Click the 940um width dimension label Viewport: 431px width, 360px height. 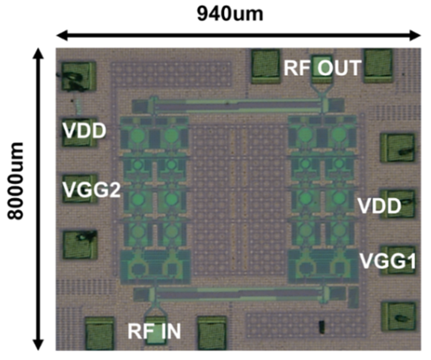point(230,14)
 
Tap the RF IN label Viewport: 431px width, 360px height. point(154,331)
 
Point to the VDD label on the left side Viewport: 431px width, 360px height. point(84,130)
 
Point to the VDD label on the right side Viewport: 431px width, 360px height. point(379,206)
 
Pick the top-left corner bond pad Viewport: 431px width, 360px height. point(78,76)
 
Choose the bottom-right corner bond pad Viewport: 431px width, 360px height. point(398,317)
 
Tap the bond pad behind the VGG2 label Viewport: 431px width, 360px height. point(80,189)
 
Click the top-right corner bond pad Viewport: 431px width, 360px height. point(378,65)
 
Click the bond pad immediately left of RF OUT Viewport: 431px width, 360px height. point(265,66)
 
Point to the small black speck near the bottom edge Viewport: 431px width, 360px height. point(322,327)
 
